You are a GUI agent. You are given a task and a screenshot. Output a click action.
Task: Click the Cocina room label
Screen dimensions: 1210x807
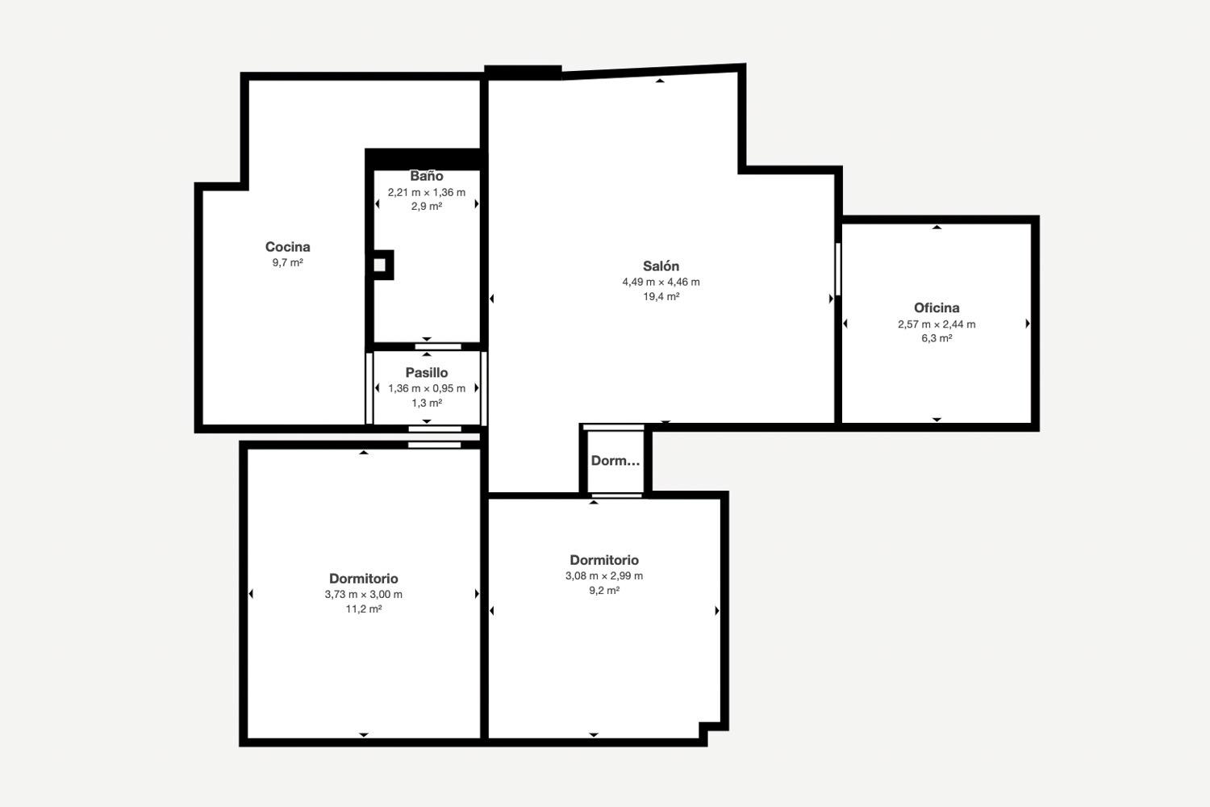pos(287,247)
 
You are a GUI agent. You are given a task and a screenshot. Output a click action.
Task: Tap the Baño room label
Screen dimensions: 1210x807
pos(426,176)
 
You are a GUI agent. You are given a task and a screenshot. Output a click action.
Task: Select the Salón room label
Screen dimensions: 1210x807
pos(661,266)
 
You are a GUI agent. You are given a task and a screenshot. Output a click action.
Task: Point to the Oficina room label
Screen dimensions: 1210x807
pos(936,307)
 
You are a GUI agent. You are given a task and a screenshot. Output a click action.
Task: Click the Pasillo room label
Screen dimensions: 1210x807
pos(426,372)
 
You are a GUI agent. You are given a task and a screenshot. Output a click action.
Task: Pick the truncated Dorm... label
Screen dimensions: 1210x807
pos(615,461)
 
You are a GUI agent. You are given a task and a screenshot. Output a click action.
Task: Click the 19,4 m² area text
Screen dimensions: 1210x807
pos(661,296)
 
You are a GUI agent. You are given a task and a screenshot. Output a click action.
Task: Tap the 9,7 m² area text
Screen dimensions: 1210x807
pos(287,263)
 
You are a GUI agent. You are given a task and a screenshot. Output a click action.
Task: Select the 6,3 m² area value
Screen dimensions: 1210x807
pos(936,338)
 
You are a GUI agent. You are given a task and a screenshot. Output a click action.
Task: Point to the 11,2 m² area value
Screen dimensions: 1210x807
pos(364,609)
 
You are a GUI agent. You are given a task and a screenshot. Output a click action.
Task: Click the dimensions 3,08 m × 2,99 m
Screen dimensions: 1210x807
pos(604,575)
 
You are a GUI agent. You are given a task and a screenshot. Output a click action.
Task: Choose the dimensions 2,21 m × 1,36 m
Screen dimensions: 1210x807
pos(426,192)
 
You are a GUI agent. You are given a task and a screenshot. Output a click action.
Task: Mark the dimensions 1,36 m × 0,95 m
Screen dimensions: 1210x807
pos(426,388)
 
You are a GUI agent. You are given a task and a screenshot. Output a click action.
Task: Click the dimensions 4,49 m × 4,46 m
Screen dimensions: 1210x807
pos(661,282)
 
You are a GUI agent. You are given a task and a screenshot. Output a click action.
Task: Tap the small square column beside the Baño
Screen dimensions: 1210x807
pos(380,265)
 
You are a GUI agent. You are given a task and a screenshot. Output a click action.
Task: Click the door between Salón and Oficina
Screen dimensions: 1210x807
pos(838,270)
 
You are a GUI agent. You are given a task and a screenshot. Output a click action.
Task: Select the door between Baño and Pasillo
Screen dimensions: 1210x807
pos(438,346)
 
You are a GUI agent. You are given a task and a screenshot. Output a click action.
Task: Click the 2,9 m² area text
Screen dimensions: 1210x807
pos(426,207)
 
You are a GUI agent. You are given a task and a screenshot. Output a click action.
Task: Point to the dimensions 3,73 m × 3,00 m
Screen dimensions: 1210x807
pos(364,594)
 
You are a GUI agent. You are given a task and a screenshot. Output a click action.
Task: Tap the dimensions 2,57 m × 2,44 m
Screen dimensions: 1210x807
pos(936,324)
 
